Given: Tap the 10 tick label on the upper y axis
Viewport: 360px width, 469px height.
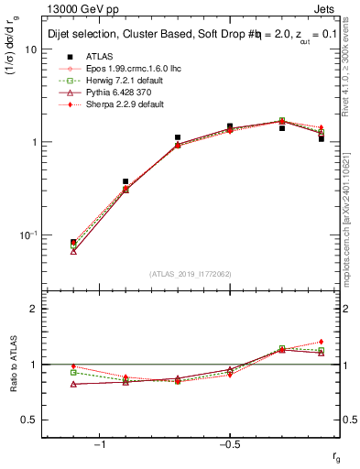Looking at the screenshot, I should coord(31,49).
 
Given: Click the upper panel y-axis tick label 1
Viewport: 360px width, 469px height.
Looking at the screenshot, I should coord(35,143).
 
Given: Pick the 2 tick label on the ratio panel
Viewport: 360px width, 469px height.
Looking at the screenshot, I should coord(35,309).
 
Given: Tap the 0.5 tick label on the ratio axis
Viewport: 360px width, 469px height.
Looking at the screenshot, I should coord(29,420).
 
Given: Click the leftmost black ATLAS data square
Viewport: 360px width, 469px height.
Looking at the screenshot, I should coord(73,242).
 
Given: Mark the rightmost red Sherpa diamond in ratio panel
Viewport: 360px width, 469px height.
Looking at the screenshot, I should coord(322,342).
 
